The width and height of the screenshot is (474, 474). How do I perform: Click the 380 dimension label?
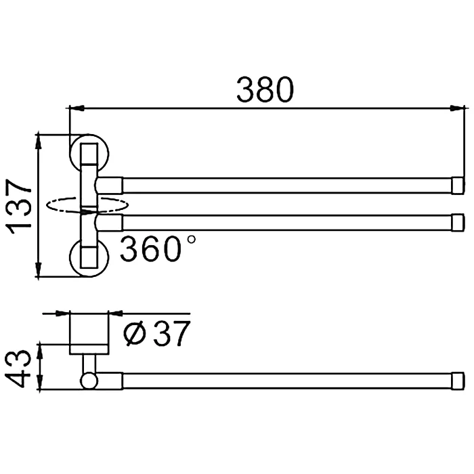pyautogui.click(x=265, y=89)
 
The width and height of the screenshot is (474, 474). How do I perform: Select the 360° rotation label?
pyautogui.click(x=158, y=249)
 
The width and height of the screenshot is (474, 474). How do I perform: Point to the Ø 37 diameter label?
pyautogui.click(x=157, y=333)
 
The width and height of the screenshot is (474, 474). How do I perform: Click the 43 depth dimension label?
pyautogui.click(x=18, y=369)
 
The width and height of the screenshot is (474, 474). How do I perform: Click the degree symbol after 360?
pyautogui.click(x=192, y=240)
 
